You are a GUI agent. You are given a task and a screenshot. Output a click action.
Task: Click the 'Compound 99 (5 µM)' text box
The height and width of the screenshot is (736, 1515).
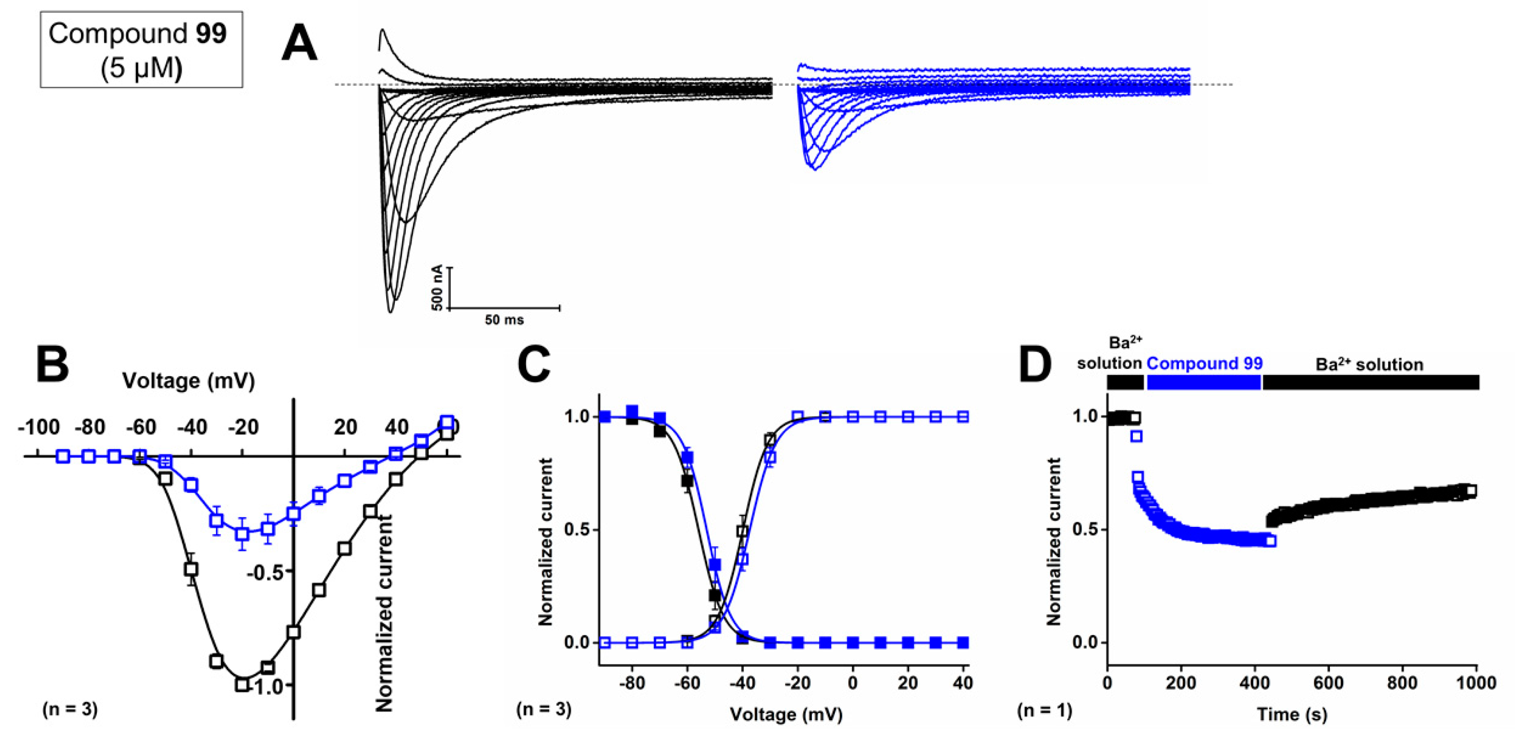141,50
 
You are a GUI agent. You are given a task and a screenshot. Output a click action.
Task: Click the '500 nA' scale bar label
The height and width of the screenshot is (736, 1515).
437,287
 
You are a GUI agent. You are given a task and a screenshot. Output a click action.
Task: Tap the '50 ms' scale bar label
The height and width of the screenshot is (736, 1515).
504,320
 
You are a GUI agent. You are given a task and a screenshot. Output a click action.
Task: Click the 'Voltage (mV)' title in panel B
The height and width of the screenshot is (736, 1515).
188,381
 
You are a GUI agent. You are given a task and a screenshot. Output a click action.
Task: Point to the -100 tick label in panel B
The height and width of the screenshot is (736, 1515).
39,427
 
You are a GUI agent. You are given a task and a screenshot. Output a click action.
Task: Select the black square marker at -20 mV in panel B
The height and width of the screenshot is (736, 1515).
242,684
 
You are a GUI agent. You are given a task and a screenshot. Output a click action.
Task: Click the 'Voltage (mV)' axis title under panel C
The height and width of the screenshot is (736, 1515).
786,714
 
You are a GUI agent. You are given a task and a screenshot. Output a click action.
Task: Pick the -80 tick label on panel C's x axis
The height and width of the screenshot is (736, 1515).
632,683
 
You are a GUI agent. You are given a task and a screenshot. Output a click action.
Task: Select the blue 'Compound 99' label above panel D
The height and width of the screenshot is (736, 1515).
1204,363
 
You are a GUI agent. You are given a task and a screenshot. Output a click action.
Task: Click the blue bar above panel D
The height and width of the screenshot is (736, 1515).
1204,382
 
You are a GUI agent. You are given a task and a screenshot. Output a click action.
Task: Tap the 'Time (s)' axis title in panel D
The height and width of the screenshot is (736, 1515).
1292,714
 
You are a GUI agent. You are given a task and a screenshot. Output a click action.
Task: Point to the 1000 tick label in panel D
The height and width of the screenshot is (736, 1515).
1476,683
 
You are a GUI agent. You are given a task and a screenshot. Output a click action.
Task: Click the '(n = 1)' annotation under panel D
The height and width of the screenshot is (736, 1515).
1045,711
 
